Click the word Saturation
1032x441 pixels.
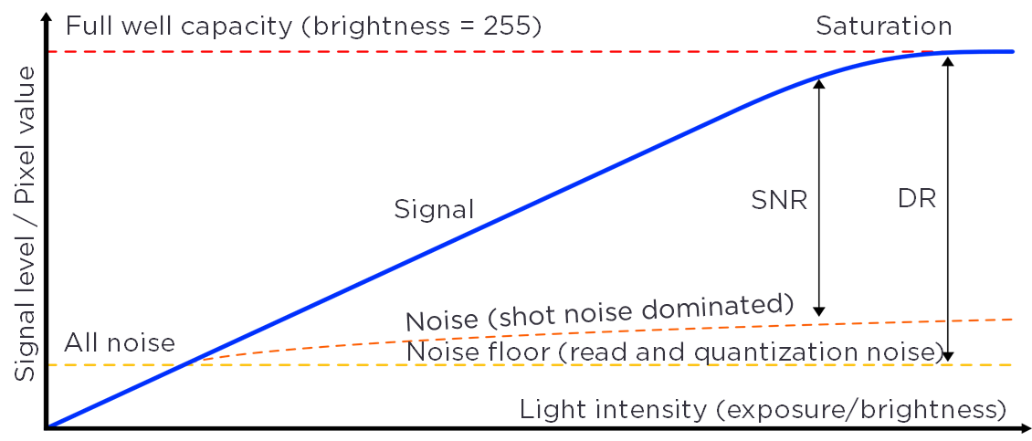pyautogui.click(x=883, y=26)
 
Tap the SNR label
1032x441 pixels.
pyautogui.click(x=779, y=200)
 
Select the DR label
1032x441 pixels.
pyautogui.click(x=917, y=198)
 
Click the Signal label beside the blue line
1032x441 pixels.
pyautogui.click(x=434, y=209)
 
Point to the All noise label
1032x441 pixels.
pyautogui.click(x=119, y=343)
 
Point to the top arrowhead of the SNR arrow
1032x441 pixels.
pyautogui.click(x=819, y=82)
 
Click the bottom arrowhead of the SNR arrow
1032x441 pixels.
pyautogui.click(x=819, y=311)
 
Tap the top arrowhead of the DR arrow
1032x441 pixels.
pyautogui.click(x=948, y=62)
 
